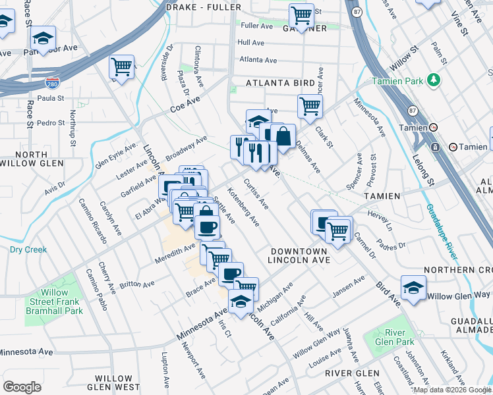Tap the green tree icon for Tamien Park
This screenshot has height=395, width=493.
coord(434,80)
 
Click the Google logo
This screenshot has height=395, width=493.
coord(22,386)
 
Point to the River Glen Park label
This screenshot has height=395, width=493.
coord(399,337)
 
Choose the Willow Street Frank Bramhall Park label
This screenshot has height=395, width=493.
coord(54,302)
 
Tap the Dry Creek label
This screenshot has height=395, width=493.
coord(28,250)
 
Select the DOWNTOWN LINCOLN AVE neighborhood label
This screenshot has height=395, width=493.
coord(297,256)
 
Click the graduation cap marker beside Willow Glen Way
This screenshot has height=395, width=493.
coord(413,288)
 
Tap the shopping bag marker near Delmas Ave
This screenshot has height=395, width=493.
coord(283,136)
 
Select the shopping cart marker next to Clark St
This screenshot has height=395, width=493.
coord(310,105)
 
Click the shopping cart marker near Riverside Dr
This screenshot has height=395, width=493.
coord(122,67)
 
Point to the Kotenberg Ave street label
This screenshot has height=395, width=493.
coord(243,206)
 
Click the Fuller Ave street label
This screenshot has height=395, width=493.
coord(257,26)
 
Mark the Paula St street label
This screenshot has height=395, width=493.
coord(51,99)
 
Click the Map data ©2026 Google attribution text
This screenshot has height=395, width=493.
coord(451,390)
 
